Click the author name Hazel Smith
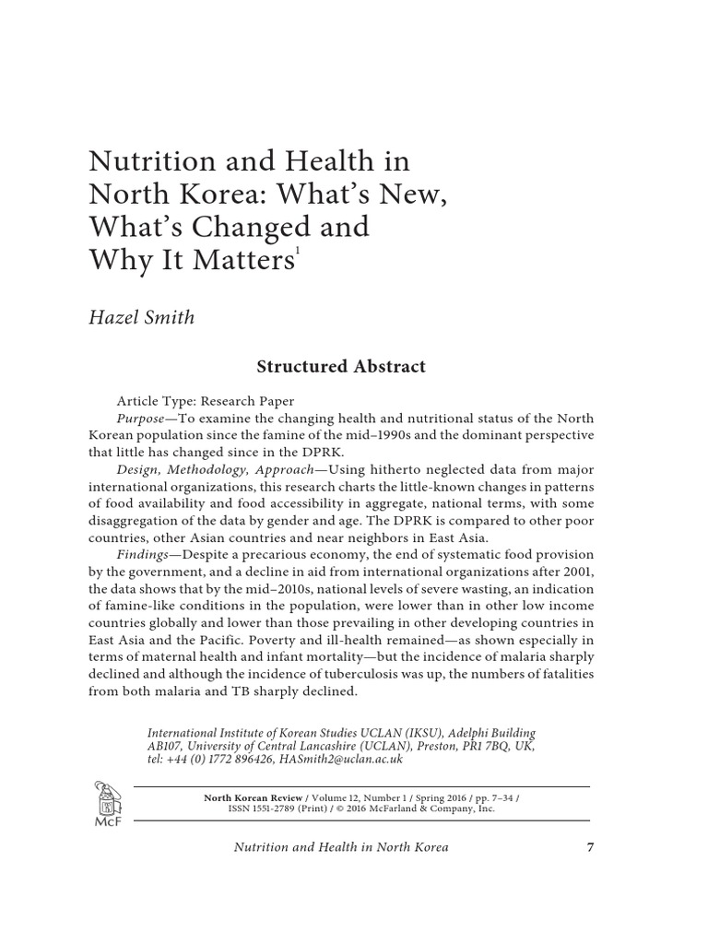click(x=141, y=317)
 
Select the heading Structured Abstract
click(x=340, y=366)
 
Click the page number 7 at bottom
click(x=590, y=846)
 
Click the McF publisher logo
click(x=104, y=800)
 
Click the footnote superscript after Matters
click(x=297, y=252)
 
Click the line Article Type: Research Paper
click(x=205, y=401)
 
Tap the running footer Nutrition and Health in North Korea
click(x=342, y=846)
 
